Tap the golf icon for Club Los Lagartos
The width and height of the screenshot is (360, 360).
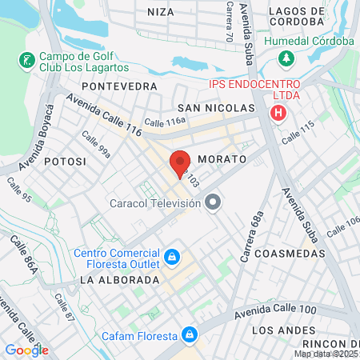point(26,59)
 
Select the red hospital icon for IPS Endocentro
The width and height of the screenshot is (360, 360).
point(278,114)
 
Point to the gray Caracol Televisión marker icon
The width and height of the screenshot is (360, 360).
point(212,204)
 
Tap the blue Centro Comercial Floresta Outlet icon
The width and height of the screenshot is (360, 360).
point(171,257)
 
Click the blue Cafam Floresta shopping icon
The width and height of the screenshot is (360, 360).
point(190,334)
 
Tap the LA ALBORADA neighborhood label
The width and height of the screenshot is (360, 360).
point(119,280)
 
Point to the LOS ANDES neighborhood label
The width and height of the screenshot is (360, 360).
point(281,330)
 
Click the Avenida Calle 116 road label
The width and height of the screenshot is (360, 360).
point(104,116)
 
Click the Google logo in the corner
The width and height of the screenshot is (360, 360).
point(26,350)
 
